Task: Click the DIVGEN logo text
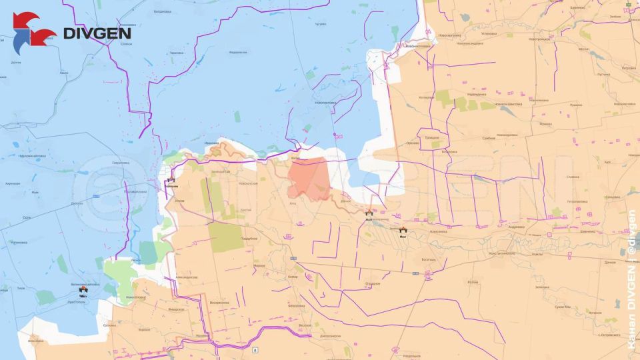click(97, 33)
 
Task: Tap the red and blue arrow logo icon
click(33, 31)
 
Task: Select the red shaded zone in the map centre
click(307, 177)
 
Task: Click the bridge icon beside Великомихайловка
click(83, 290)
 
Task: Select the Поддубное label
click(249, 238)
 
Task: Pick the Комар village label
click(292, 276)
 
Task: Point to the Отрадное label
click(372, 284)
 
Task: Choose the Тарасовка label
click(176, 53)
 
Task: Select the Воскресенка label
click(219, 303)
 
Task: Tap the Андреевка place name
click(516, 227)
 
